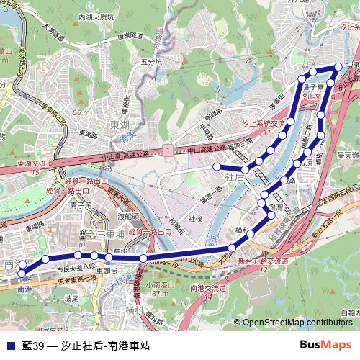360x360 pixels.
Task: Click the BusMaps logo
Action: point(325,344)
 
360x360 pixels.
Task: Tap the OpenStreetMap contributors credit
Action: point(297,323)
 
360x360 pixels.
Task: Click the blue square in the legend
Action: point(9,346)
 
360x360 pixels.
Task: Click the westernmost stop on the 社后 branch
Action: point(215,166)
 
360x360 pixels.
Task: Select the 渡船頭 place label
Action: point(127,215)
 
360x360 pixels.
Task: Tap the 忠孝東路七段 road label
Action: point(73,281)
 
